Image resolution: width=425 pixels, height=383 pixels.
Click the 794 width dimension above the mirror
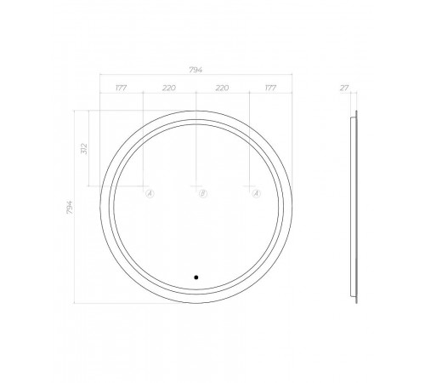tap(195, 70)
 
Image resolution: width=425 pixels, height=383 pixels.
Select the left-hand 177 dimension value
tap(121, 88)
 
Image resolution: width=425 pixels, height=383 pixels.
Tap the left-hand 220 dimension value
tap(169, 88)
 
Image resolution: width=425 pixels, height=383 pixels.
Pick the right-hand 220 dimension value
tap(222, 88)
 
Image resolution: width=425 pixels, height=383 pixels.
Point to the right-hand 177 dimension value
tap(270, 88)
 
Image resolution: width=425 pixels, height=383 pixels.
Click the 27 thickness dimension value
tap(344, 88)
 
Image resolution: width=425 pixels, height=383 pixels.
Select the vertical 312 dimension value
tap(84, 149)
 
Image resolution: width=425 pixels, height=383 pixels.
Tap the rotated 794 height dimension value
tap(70, 207)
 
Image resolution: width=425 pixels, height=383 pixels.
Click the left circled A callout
tap(150, 193)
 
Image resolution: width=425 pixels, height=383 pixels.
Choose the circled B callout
tap(203, 193)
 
